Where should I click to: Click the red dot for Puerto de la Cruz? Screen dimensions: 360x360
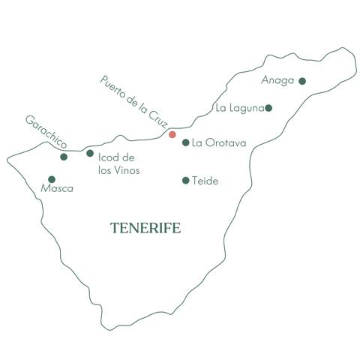coord(172,135)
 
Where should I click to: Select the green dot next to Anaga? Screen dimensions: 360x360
coord(302,81)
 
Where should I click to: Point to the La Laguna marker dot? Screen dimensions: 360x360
coord(268,108)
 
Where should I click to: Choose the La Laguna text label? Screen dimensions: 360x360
coord(239,108)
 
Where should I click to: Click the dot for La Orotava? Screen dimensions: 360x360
coord(186,142)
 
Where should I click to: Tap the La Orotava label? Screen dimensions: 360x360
coord(215,142)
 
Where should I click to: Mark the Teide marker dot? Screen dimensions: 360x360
coord(186,180)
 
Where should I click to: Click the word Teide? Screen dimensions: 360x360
coord(205,181)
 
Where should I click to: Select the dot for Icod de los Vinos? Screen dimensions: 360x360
coord(90,153)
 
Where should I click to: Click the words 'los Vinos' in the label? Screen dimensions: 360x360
coord(119,170)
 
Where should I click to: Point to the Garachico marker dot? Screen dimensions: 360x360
coord(64,157)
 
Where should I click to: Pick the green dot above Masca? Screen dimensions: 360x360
coord(51,179)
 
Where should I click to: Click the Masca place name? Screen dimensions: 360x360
coord(58,189)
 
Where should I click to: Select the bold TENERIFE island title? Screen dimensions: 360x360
coord(145,228)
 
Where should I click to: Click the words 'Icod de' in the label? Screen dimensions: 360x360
coord(116,157)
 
